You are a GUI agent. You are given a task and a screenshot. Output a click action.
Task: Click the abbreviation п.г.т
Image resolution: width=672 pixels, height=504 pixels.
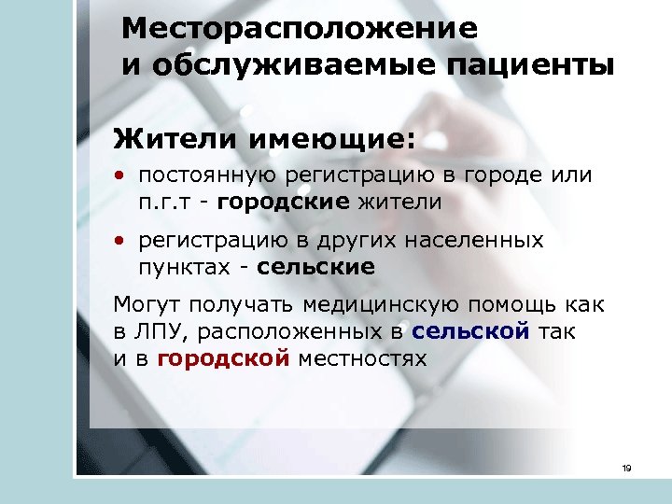166,202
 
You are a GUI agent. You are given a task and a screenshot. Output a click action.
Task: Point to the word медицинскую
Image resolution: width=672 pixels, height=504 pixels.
372,305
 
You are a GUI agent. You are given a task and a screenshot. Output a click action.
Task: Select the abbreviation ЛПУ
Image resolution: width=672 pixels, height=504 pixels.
159,331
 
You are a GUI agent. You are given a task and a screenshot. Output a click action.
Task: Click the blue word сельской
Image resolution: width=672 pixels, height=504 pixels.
470,331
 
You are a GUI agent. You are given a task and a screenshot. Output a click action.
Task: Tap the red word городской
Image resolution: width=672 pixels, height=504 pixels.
223,358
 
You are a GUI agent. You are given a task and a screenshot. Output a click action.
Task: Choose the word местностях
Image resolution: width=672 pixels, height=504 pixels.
361,358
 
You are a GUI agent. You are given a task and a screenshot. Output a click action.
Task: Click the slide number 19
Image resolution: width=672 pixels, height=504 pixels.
626,469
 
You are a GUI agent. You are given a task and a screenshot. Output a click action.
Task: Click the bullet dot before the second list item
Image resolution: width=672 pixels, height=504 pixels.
121,242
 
